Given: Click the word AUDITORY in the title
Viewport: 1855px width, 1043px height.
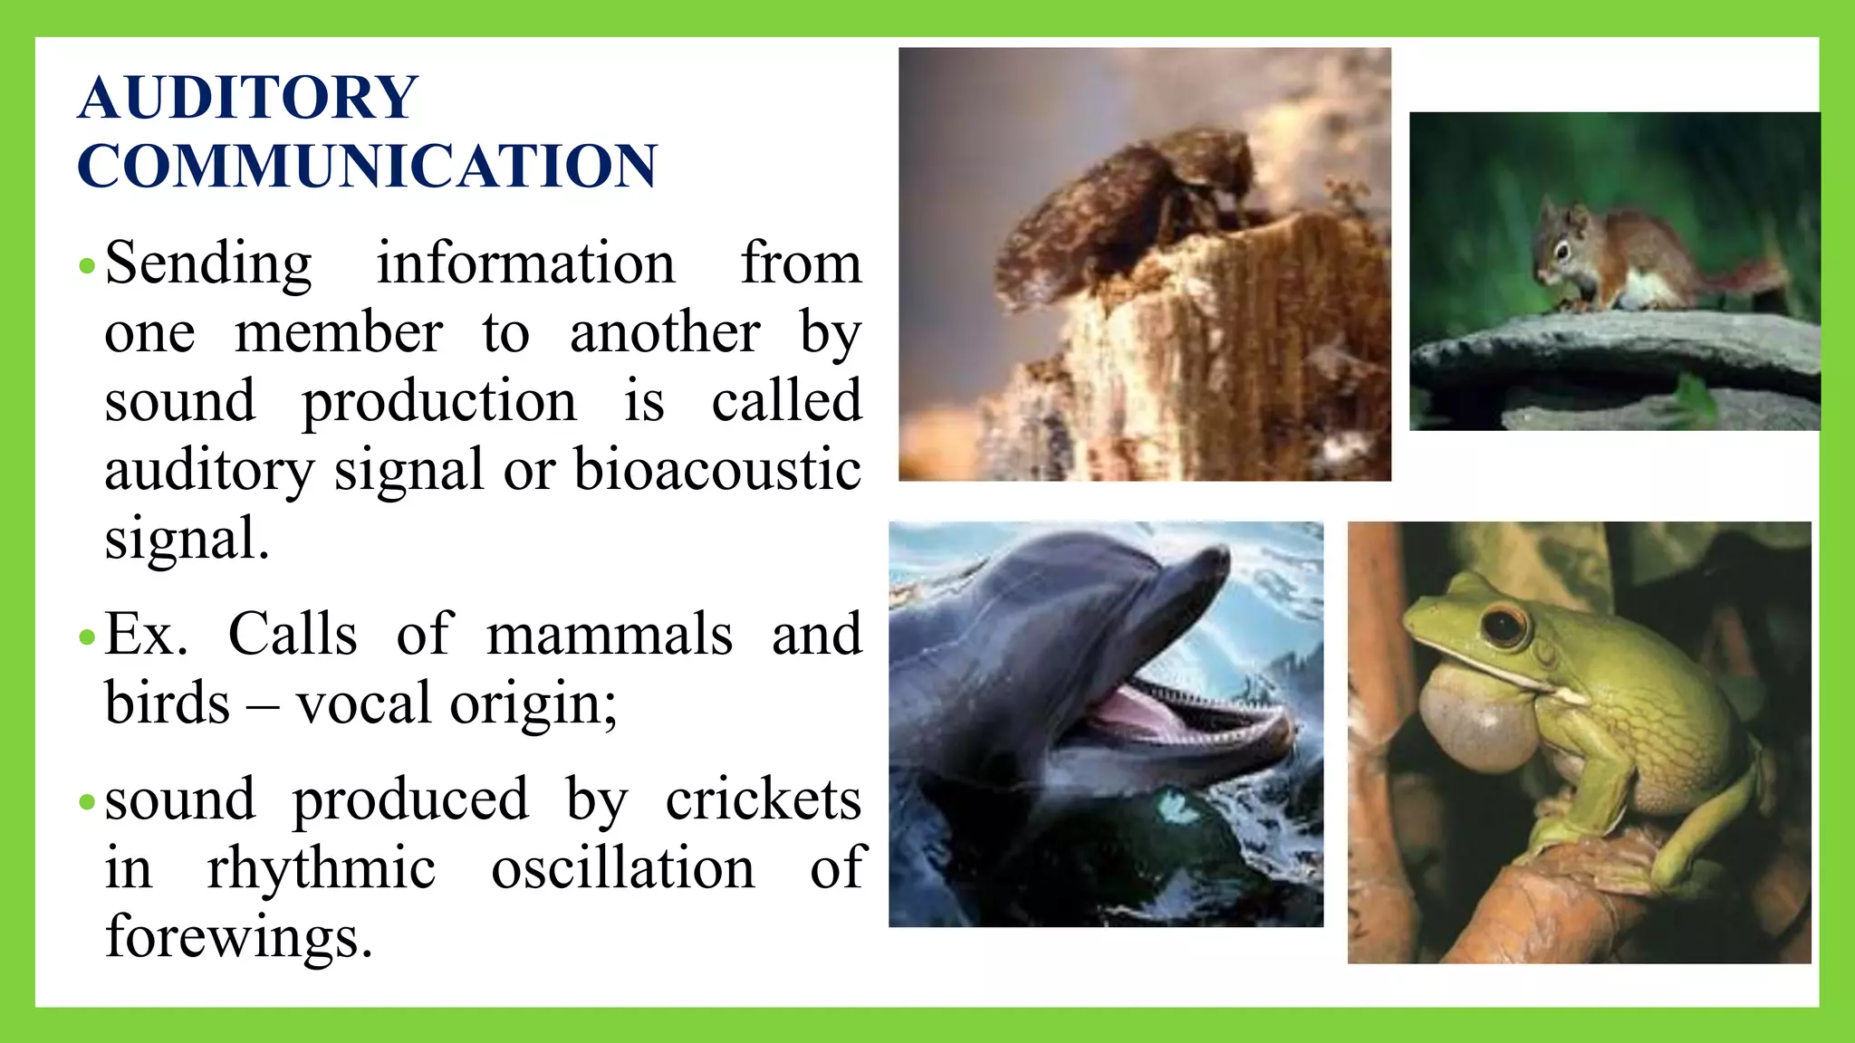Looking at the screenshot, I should pos(247,97).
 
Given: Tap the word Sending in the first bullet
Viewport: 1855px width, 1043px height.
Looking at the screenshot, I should pos(208,263).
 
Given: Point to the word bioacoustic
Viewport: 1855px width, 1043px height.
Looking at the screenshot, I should pos(717,470).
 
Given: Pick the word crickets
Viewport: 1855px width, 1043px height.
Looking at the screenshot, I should pos(764,799).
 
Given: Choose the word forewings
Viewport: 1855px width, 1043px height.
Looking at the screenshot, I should pos(238,936).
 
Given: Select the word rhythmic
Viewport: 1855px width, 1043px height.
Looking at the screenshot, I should pos(322,868).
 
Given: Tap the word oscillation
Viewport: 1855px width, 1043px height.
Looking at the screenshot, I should pos(623,868).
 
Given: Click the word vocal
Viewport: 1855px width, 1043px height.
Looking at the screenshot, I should pos(363,703).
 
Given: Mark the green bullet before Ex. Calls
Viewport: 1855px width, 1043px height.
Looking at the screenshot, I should pos(87,637).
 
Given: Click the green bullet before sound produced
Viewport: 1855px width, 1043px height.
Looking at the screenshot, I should pos(87,802).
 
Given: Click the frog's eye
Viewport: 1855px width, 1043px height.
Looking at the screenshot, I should pos(1504,625).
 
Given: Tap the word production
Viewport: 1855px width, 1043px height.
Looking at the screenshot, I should pos(438,401).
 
